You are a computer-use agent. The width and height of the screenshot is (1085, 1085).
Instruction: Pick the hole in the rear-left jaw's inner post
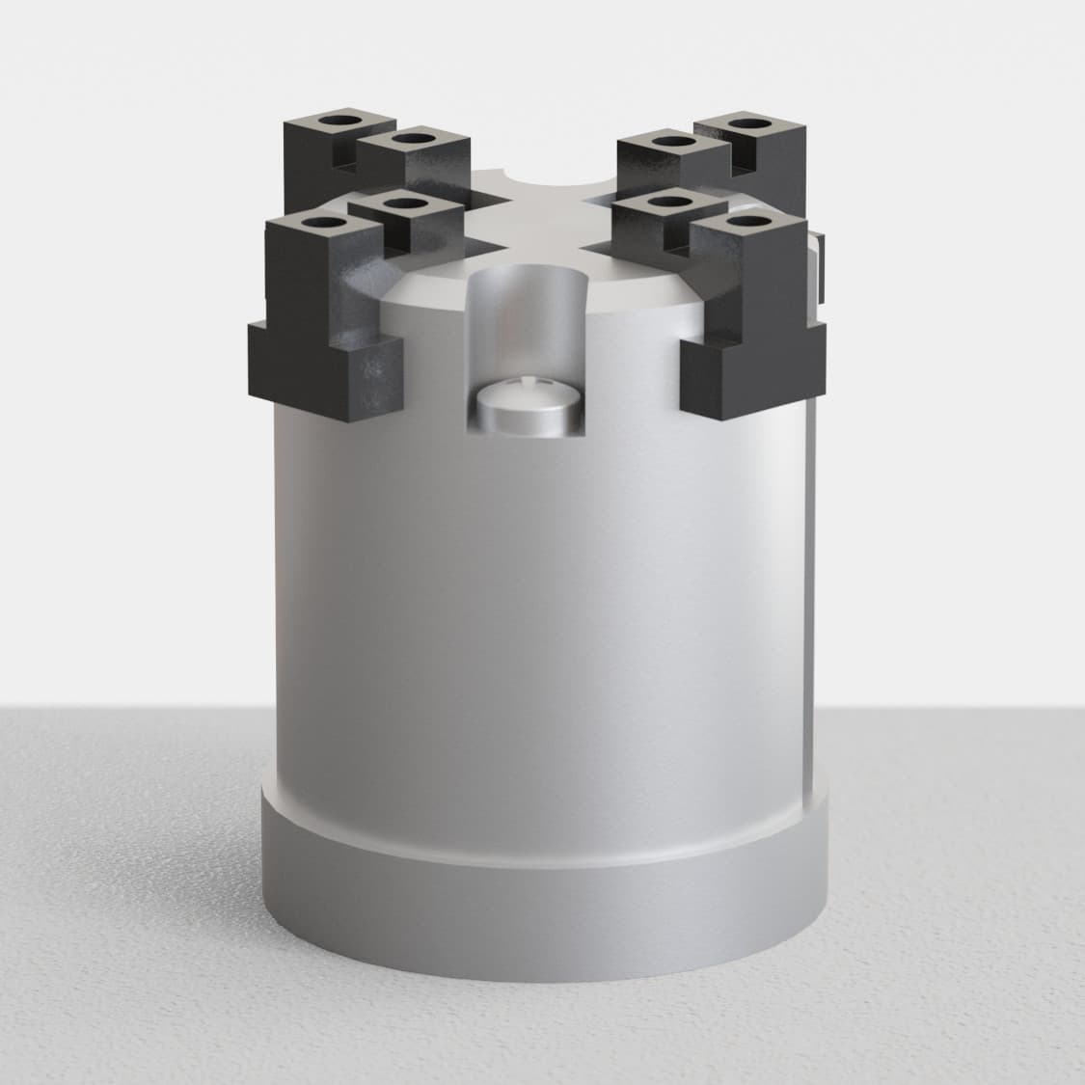tap(413, 138)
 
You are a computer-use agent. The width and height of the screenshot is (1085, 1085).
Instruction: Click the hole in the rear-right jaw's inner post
tap(669, 142)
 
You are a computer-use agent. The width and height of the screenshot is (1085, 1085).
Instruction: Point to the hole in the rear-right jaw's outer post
tap(745, 123)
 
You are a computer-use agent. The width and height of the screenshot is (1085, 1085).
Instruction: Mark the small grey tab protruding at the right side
tap(821, 260)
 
